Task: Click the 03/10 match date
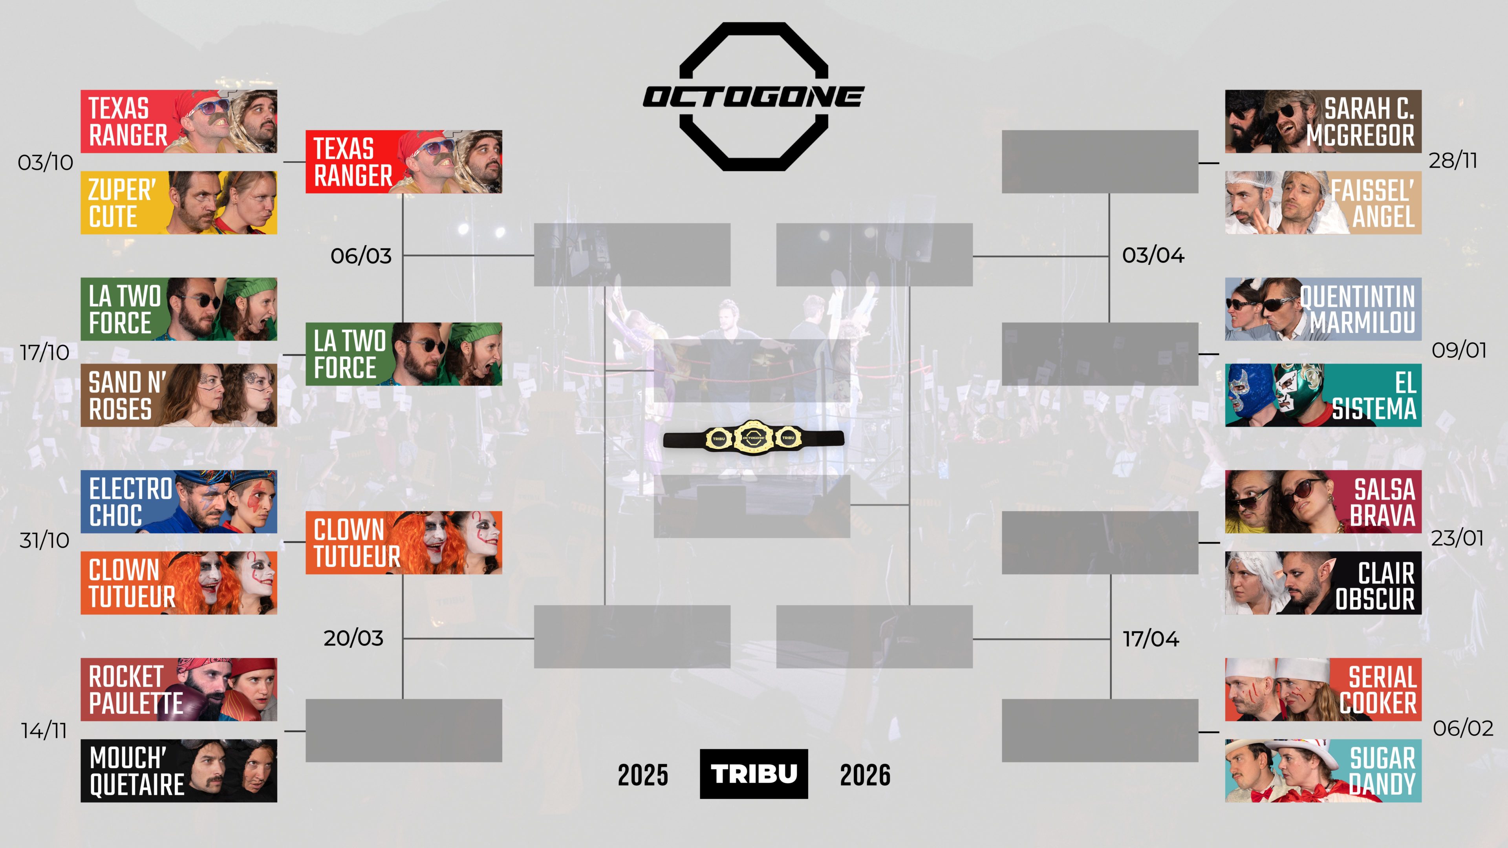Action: coord(46,162)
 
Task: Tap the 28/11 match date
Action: coord(1453,160)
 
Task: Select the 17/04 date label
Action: coord(1151,638)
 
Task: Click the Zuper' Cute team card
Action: coord(179,203)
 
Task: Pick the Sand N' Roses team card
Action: coord(179,395)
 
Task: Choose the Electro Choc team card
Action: coord(179,502)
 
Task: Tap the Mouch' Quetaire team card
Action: coord(179,770)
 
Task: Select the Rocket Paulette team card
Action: coord(179,689)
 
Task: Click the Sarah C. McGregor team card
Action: coord(1323,121)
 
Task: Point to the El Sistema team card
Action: coord(1323,395)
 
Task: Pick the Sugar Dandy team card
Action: coord(1323,770)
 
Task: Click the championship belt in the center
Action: coord(754,437)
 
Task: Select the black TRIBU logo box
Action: coord(754,774)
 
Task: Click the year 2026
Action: coord(865,775)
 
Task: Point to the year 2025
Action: coord(643,775)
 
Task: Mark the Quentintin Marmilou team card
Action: coord(1323,309)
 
